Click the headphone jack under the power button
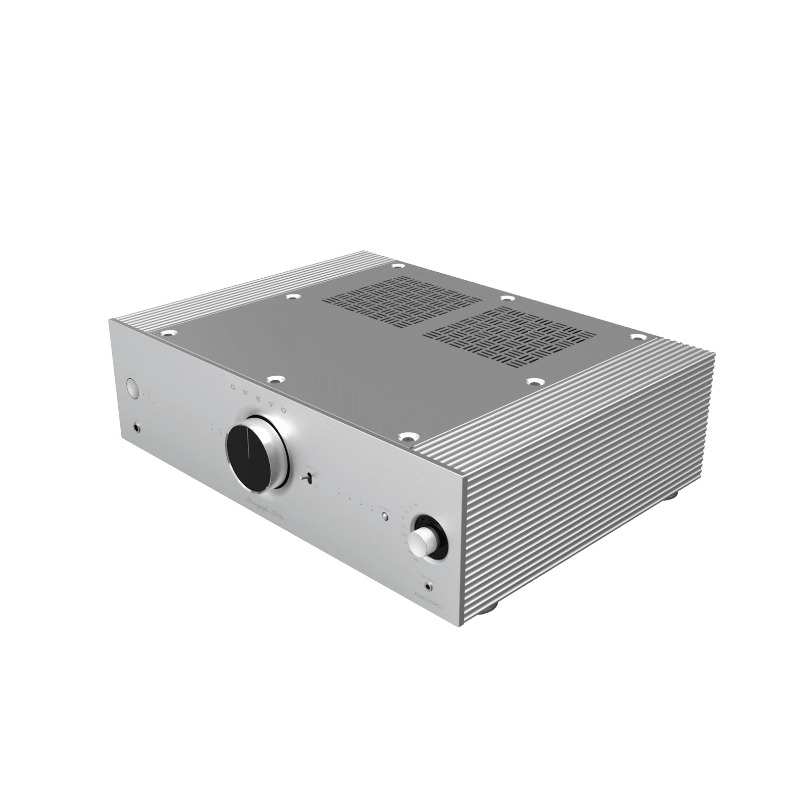pyautogui.click(x=136, y=428)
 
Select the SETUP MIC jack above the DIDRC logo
pyautogui.click(x=429, y=587)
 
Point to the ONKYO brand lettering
pyautogui.click(x=258, y=398)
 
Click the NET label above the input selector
pyautogui.click(x=416, y=506)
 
